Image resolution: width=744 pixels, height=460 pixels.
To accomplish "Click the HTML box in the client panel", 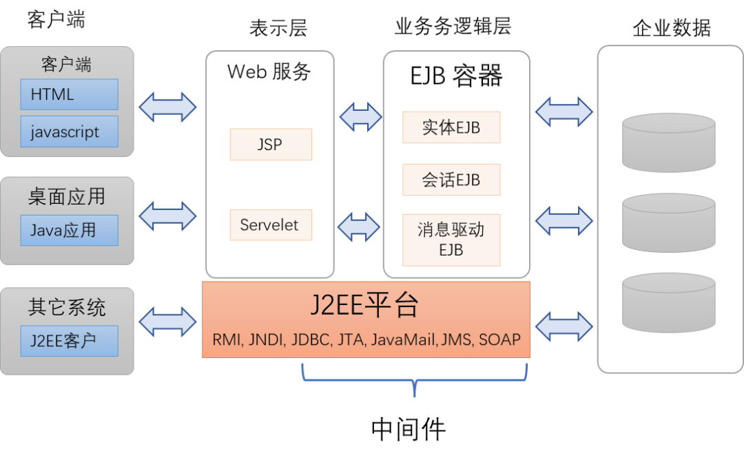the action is click(x=69, y=94).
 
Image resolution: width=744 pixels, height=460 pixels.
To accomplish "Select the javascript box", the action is click(x=69, y=132).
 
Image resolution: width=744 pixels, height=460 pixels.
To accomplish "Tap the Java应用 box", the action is click(x=69, y=230).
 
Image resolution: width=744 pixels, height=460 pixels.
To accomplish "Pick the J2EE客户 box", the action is click(x=69, y=340).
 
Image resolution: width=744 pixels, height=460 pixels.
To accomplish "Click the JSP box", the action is click(x=270, y=145).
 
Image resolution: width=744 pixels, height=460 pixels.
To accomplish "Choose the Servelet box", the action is click(x=270, y=225).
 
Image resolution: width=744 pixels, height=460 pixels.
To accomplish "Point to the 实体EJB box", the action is click(x=451, y=127).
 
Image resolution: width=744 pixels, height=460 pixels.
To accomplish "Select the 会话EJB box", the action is click(x=451, y=180).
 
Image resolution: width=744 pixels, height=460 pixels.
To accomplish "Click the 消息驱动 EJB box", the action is click(x=451, y=240).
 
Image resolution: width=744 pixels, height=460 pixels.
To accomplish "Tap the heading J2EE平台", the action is click(x=365, y=305).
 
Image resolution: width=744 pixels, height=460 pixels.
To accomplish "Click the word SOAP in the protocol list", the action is click(x=499, y=339).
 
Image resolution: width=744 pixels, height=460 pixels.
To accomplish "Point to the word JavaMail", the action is click(x=404, y=339).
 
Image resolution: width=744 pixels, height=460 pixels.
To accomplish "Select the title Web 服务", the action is click(x=269, y=71).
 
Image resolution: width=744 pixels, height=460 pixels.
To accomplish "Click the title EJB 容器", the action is click(x=456, y=75).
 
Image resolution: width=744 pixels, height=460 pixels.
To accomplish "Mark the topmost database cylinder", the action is click(x=668, y=143).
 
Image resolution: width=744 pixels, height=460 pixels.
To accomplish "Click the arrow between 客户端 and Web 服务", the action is click(x=167, y=107).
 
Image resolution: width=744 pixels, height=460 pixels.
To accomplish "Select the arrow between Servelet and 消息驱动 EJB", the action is click(x=358, y=226).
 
